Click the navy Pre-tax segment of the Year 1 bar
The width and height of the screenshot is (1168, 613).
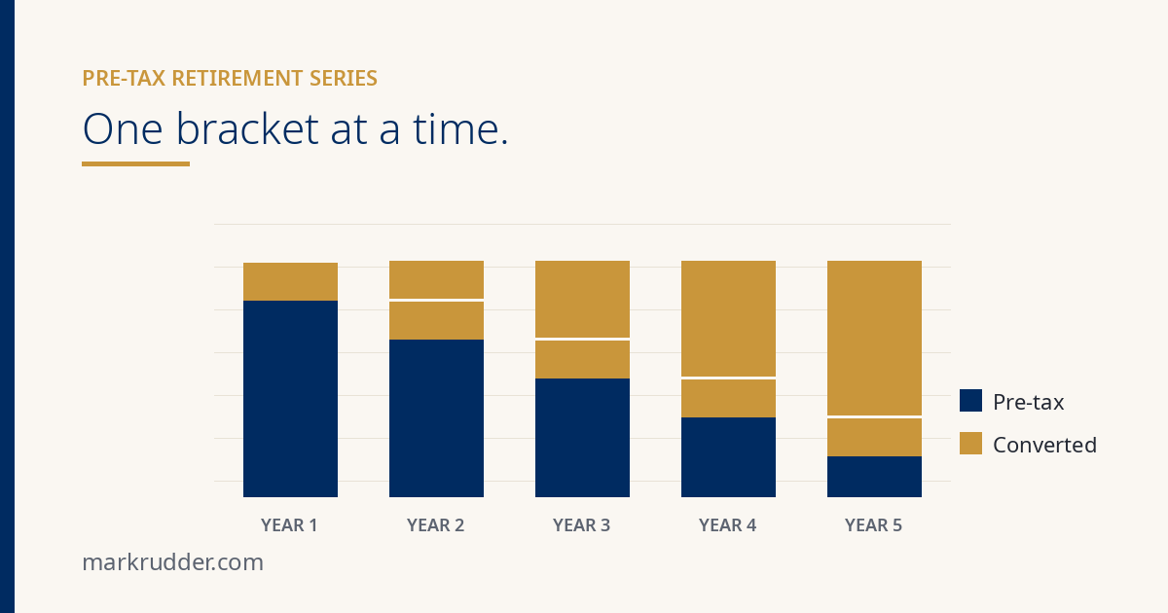[x=290, y=399]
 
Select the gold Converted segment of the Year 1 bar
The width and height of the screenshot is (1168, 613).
[x=290, y=281]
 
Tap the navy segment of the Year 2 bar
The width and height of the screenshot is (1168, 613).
[x=436, y=418]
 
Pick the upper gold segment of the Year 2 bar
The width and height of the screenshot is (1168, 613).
[x=436, y=279]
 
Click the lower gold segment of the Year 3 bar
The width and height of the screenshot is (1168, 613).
[x=582, y=360]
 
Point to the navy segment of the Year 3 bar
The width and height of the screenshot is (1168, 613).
[x=582, y=438]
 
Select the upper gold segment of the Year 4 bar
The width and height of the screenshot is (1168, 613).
[x=728, y=318]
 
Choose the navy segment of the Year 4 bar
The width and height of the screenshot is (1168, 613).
[x=728, y=457]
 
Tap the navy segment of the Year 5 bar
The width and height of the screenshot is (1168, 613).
[x=874, y=477]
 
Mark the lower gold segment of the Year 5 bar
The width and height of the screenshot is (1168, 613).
[x=874, y=437]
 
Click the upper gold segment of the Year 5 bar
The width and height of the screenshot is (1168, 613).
[x=874, y=338]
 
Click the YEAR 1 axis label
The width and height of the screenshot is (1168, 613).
[x=289, y=524]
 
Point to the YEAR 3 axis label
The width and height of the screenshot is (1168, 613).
[x=581, y=524]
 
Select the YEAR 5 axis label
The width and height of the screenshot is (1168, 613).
[x=873, y=524]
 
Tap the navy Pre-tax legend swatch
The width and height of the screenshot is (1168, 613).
[x=971, y=400]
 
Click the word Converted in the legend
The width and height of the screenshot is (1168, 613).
[x=1045, y=446]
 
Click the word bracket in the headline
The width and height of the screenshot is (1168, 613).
[x=247, y=128]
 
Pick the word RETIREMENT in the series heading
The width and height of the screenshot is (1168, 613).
[x=237, y=78]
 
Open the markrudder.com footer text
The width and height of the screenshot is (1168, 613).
[x=173, y=562]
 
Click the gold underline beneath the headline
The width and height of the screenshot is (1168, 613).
[x=135, y=163]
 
